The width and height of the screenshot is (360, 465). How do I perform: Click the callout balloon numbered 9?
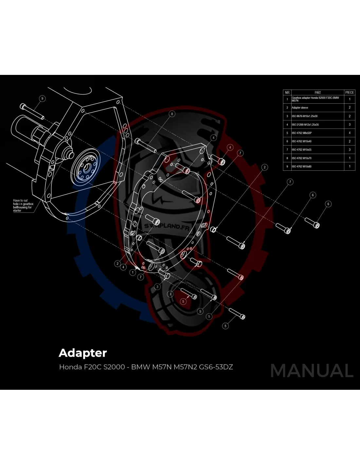point(42,98)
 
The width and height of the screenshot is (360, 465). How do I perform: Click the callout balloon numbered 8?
point(172,114)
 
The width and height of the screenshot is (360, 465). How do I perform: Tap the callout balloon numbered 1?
point(133,272)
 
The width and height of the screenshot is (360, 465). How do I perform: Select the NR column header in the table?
point(287,93)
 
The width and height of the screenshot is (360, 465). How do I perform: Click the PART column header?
point(317,93)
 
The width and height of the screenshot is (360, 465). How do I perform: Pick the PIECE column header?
point(350,93)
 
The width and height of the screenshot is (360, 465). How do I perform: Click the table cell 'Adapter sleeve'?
point(300,108)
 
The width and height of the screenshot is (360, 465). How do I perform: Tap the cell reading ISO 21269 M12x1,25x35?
point(305,125)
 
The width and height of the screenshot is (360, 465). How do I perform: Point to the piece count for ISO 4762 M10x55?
point(350,150)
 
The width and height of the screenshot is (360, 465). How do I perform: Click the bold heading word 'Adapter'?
point(83,353)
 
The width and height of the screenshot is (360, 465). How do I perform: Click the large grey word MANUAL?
point(312,370)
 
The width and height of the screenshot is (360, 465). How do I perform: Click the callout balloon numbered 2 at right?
point(264,167)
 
